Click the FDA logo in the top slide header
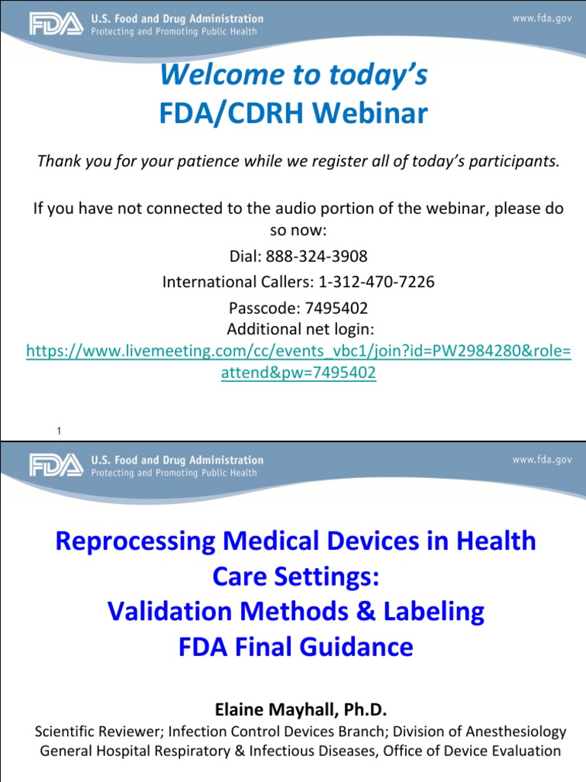56,24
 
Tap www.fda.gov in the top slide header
542,18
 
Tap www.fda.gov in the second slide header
542,459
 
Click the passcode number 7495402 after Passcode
336,308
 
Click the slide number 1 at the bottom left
59,432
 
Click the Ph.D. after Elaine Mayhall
344,712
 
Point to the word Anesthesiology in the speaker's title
512,731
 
